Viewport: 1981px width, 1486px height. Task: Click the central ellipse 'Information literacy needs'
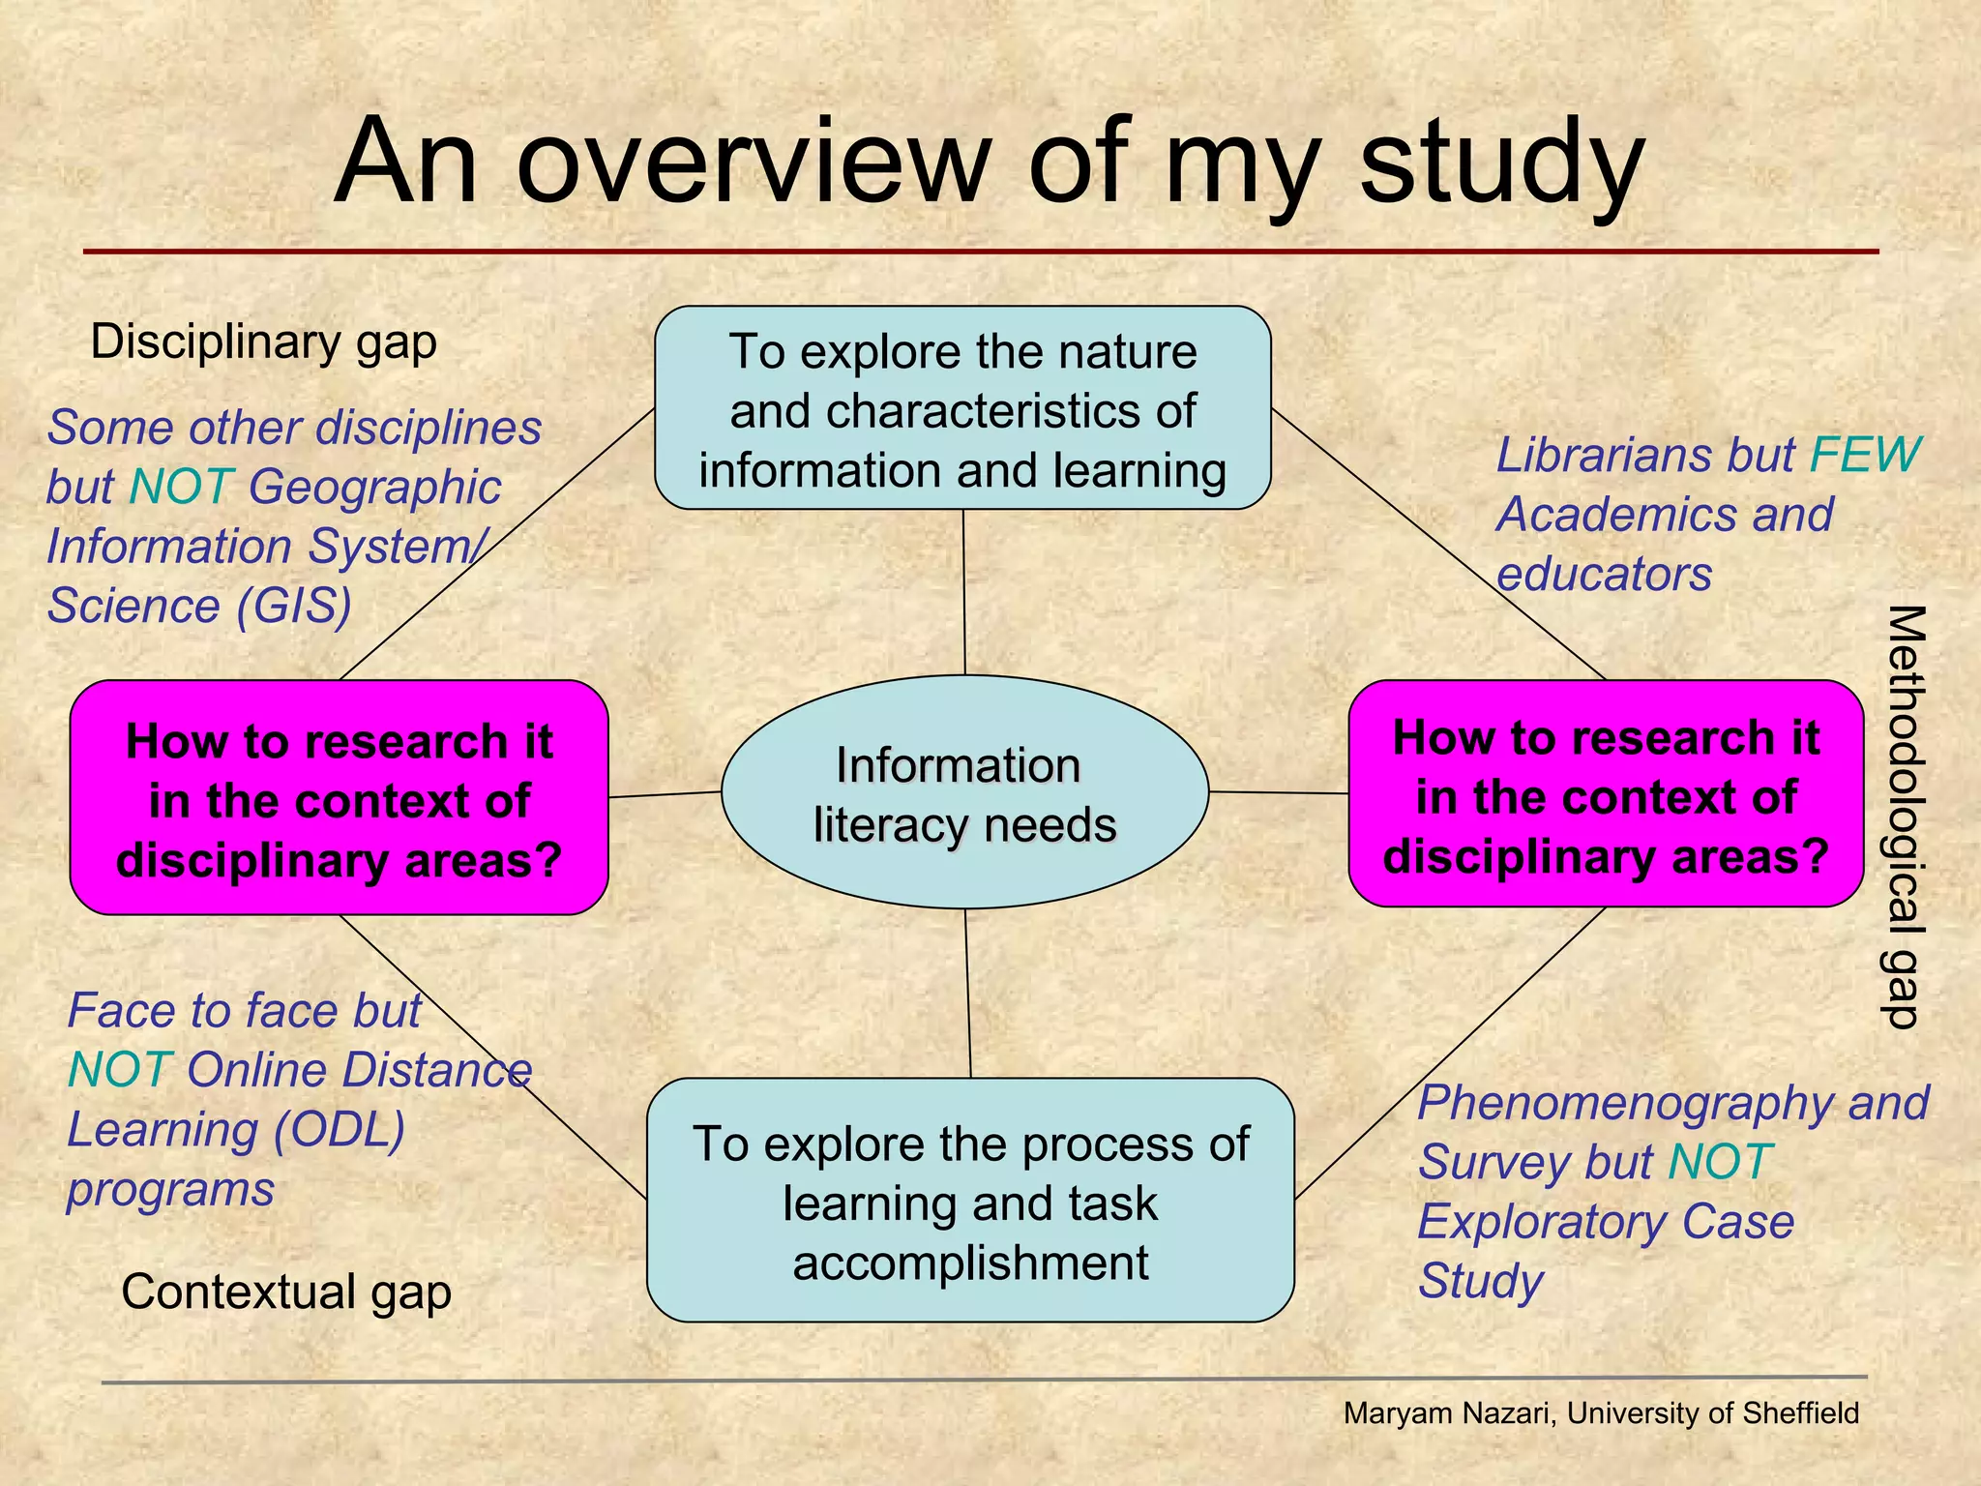click(964, 792)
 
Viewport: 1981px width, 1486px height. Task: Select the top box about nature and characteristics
click(962, 409)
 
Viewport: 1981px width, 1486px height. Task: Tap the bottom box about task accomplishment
click(970, 1201)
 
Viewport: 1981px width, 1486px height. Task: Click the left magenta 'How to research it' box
click(339, 798)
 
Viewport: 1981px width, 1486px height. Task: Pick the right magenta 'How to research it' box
click(1606, 794)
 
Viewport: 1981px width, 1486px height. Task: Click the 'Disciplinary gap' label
click(263, 342)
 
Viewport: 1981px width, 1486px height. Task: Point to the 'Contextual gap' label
click(286, 1292)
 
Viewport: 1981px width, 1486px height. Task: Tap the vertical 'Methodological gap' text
click(1905, 816)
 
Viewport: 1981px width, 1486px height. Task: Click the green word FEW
click(1864, 455)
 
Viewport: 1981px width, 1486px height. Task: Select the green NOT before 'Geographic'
click(181, 487)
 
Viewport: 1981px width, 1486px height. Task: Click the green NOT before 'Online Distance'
click(120, 1070)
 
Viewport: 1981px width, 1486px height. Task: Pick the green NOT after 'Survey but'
click(1720, 1162)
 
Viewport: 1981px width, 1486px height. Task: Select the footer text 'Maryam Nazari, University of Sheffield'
click(1601, 1413)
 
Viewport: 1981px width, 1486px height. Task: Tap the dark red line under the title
click(981, 252)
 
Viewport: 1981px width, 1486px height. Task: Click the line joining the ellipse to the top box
click(963, 592)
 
